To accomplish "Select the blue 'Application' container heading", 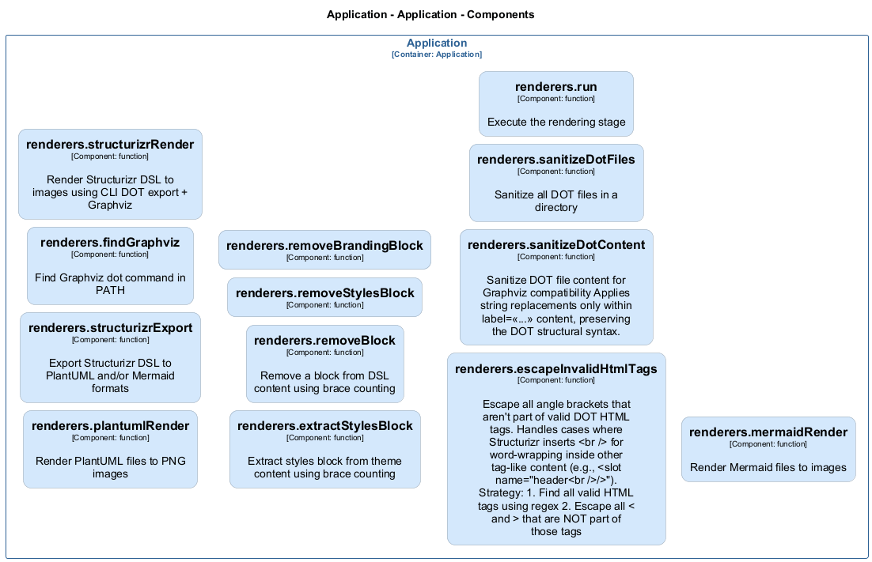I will coord(436,43).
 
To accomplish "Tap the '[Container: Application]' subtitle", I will coord(436,55).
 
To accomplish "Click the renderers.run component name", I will coord(555,87).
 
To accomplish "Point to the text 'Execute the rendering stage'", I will coord(555,123).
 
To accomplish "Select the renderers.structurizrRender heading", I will coord(110,145).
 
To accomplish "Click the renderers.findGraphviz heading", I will coord(110,243).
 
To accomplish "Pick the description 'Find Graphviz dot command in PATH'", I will coord(110,284).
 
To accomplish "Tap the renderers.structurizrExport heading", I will coord(110,328).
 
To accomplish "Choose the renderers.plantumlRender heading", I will coord(110,426).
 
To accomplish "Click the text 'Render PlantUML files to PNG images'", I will coord(110,467).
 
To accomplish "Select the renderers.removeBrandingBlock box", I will coord(324,250).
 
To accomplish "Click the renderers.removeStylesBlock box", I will coord(324,297).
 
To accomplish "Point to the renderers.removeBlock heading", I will coord(324,341).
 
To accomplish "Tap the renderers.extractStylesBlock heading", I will coord(324,426).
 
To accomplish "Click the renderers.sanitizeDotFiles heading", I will coord(555,160).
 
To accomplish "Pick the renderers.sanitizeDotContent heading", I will coord(555,245).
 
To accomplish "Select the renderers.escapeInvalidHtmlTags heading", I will coord(555,368).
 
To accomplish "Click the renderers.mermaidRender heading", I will coord(768,432).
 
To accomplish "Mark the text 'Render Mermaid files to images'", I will coord(768,467).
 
